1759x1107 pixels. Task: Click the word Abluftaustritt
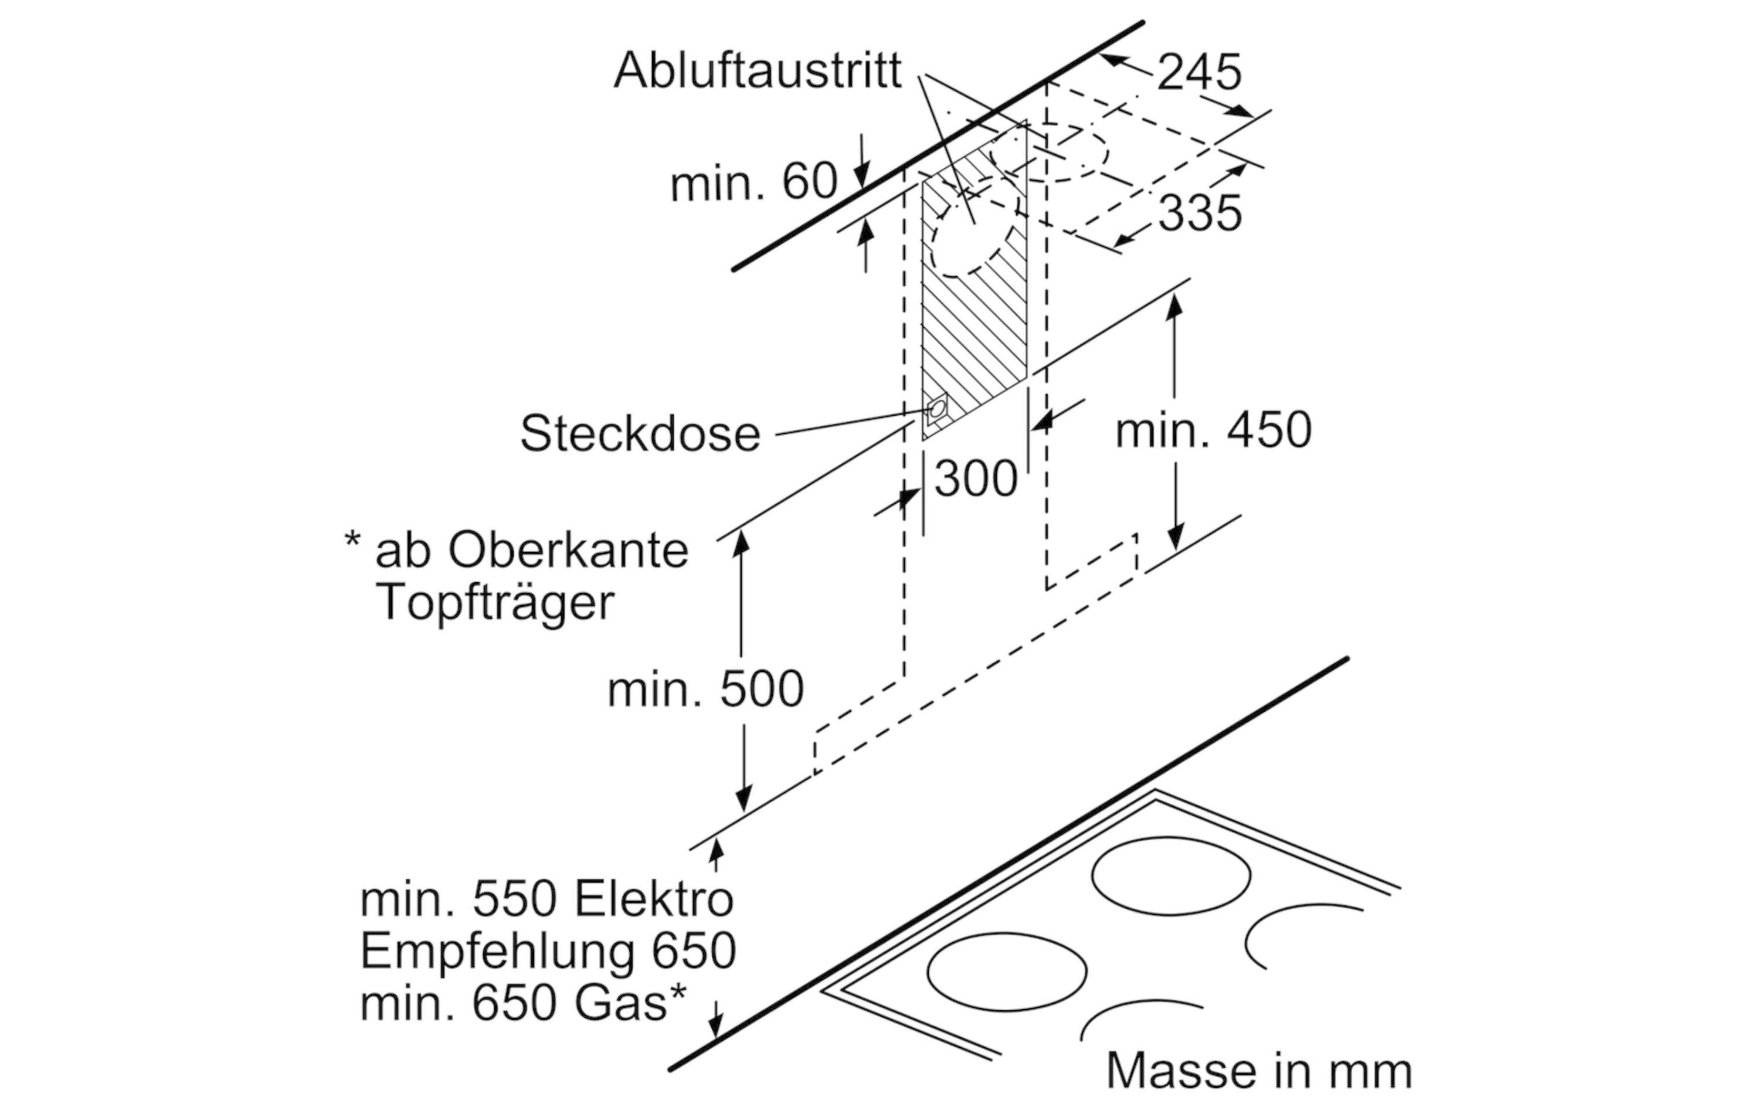click(x=758, y=71)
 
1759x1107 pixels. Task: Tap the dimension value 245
click(x=1200, y=72)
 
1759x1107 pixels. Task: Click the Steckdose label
click(x=640, y=433)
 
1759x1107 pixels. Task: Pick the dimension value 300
click(x=976, y=480)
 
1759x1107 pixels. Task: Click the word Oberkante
click(x=568, y=549)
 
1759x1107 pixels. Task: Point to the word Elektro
click(x=654, y=899)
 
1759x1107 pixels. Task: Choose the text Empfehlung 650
click(x=548, y=952)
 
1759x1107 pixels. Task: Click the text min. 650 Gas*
click(x=523, y=1003)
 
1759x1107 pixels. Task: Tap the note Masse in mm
click(x=1259, y=1071)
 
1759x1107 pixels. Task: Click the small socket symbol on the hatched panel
click(x=936, y=410)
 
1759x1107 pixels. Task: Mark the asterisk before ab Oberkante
click(x=352, y=541)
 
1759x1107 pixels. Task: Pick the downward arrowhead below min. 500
click(x=743, y=798)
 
